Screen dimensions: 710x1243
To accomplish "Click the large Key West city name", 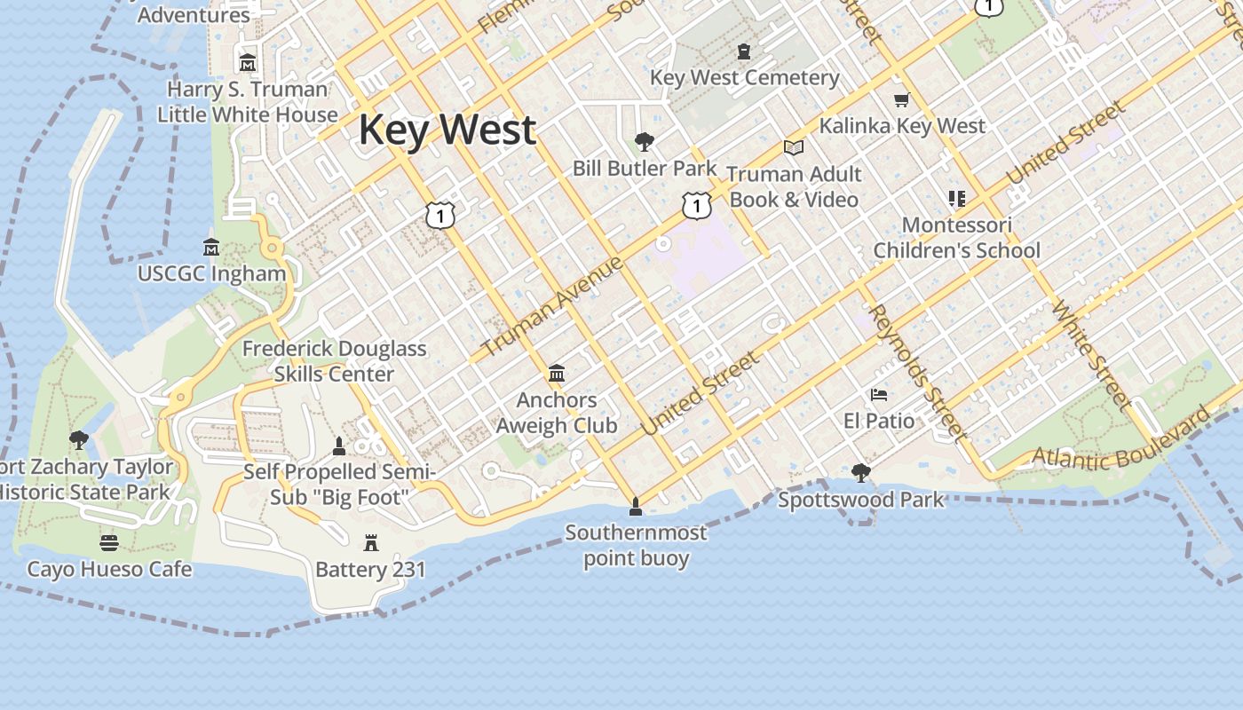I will pos(447,130).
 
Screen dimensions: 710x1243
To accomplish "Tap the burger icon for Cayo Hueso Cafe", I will pos(109,542).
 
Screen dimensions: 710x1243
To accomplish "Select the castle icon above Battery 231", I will pos(371,542).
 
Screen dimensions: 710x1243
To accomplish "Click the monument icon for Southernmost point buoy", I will pos(635,507).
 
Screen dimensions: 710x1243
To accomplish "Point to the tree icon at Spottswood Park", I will pos(860,473).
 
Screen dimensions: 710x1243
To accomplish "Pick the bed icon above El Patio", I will pos(879,394).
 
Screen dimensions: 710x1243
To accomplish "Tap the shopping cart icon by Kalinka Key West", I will pos(902,99).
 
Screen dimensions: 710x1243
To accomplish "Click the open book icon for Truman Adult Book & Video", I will pos(793,147).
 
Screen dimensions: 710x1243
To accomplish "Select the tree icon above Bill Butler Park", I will pos(645,141).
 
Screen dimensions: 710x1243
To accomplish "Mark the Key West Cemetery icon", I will pos(744,51).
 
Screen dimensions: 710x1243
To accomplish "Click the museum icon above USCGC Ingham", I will pos(211,247).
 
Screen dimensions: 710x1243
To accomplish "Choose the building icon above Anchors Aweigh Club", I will pos(557,373).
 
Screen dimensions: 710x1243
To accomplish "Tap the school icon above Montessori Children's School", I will pos(956,198).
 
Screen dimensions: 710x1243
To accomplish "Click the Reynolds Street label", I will pos(915,372).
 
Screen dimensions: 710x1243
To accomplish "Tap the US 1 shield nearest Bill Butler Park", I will pos(697,206).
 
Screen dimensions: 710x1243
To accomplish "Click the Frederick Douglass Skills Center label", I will pos(334,361).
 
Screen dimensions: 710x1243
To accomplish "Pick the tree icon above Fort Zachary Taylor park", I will pos(79,439).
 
